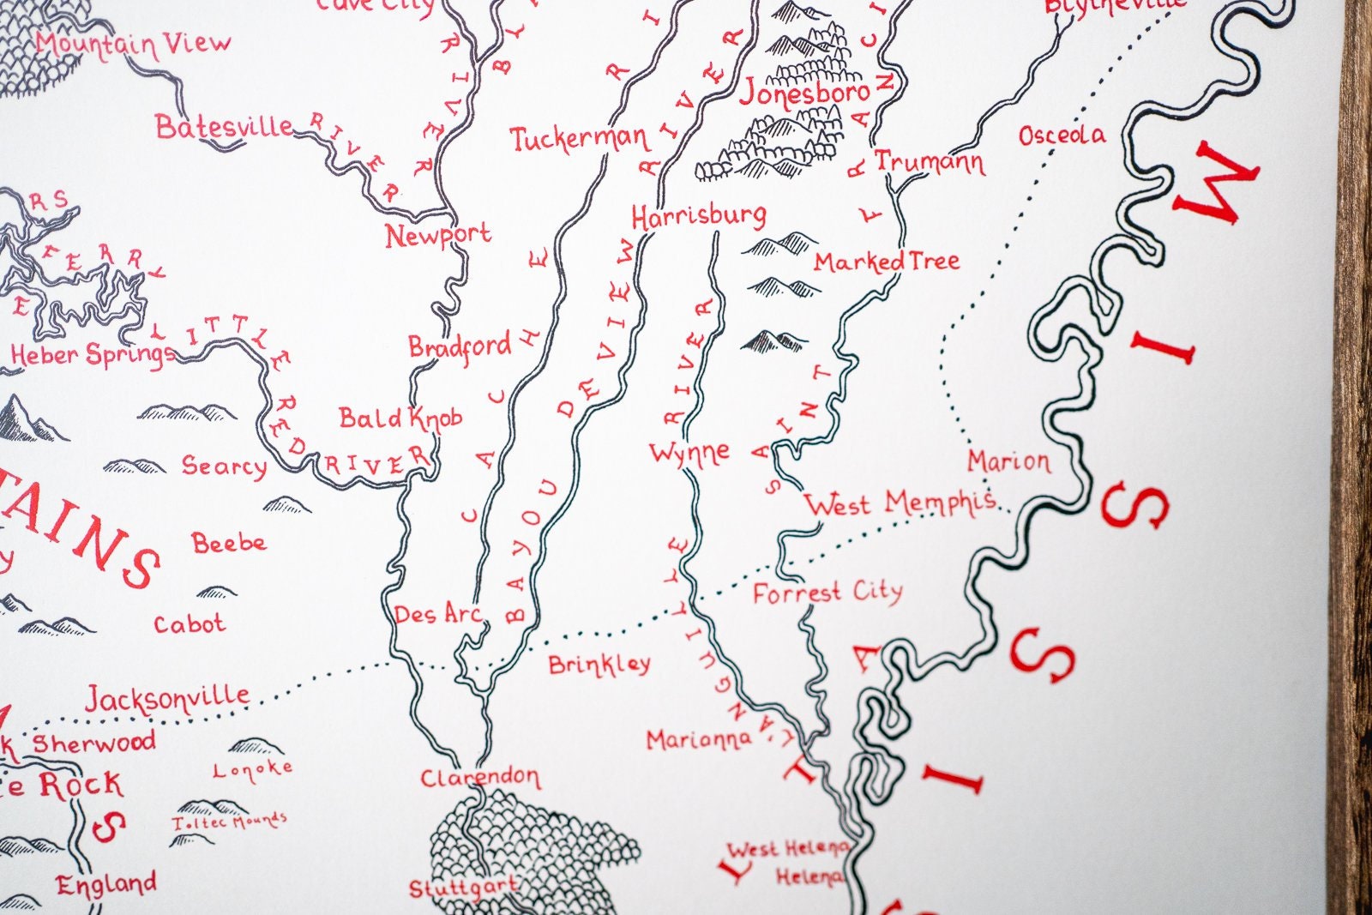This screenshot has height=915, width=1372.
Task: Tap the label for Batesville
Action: click(x=225, y=128)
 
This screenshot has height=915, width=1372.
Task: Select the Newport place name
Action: click(x=437, y=235)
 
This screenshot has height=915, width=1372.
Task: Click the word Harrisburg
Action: click(x=699, y=216)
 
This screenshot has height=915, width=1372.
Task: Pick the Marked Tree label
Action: click(x=887, y=262)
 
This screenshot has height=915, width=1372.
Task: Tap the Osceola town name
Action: click(x=1062, y=135)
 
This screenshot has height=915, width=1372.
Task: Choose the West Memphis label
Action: click(x=900, y=503)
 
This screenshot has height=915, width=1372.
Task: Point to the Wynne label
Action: click(x=689, y=453)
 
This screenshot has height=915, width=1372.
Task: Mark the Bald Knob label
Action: click(x=400, y=418)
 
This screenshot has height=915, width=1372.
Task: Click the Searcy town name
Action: click(x=224, y=467)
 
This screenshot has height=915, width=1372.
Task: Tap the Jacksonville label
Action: click(x=167, y=699)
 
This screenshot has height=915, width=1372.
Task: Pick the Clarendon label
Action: click(x=480, y=779)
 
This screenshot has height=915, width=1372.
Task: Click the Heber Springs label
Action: click(x=93, y=354)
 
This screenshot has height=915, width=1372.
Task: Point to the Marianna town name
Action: click(x=699, y=739)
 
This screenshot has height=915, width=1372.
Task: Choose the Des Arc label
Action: click(x=437, y=614)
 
